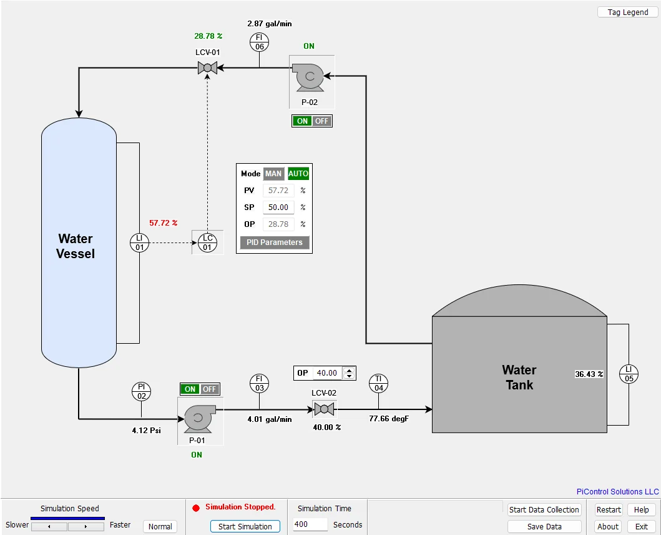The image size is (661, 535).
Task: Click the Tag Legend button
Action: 627,12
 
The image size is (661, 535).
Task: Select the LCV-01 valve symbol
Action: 207,67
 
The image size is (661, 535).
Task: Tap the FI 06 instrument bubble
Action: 259,42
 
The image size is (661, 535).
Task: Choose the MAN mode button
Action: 273,174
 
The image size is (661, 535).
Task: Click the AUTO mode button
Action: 298,174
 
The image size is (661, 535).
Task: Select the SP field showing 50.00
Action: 278,207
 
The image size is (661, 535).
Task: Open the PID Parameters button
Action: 275,242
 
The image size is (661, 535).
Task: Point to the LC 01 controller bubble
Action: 207,242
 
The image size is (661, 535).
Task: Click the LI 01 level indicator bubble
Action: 140,242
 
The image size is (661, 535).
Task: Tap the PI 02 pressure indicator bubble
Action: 141,391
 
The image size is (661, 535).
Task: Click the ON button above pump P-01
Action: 190,389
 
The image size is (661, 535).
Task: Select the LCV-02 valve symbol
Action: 324,409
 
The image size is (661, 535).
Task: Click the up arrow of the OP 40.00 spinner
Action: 349,371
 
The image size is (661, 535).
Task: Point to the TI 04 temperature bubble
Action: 378,383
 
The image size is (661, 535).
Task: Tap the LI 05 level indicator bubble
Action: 629,374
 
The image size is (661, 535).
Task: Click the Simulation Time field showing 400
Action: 310,524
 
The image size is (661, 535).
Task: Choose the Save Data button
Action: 544,526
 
